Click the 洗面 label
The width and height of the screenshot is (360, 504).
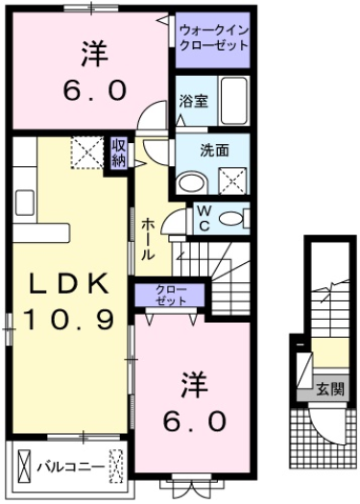[x=213, y=150]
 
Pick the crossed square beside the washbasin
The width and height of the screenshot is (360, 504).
[x=231, y=177]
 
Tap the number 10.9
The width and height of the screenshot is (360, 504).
[x=67, y=315]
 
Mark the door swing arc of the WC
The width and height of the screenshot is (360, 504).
[x=174, y=224]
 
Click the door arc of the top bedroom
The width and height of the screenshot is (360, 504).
[x=150, y=117]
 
